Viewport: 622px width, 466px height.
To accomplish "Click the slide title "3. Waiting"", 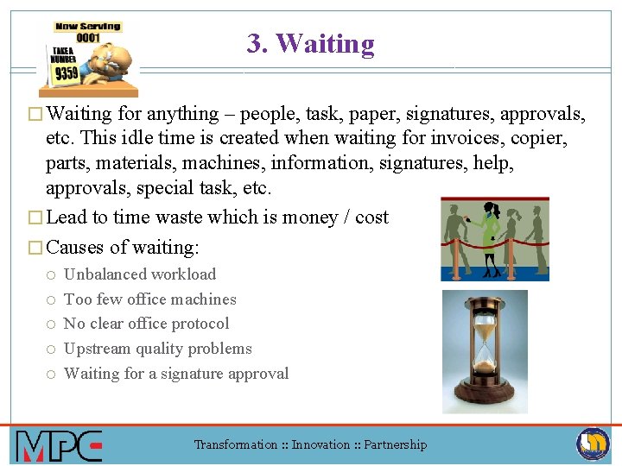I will (x=310, y=43).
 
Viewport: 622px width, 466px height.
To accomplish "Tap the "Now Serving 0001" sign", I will (x=88, y=32).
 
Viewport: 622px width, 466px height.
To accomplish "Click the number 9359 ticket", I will (x=67, y=73).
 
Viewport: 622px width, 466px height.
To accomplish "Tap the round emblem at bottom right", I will (x=593, y=444).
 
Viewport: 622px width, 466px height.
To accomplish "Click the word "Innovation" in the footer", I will (x=321, y=444).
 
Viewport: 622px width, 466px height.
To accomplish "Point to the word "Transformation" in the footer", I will (x=235, y=444).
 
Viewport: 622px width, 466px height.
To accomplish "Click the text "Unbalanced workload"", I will (x=140, y=274).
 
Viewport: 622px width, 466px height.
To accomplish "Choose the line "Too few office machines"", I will (x=149, y=299).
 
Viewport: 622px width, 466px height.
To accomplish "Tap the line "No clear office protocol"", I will (x=147, y=324).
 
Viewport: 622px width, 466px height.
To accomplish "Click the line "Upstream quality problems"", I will (x=158, y=349).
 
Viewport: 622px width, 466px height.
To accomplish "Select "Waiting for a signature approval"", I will (x=176, y=374).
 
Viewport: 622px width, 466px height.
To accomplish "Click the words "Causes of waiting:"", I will (x=123, y=248).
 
